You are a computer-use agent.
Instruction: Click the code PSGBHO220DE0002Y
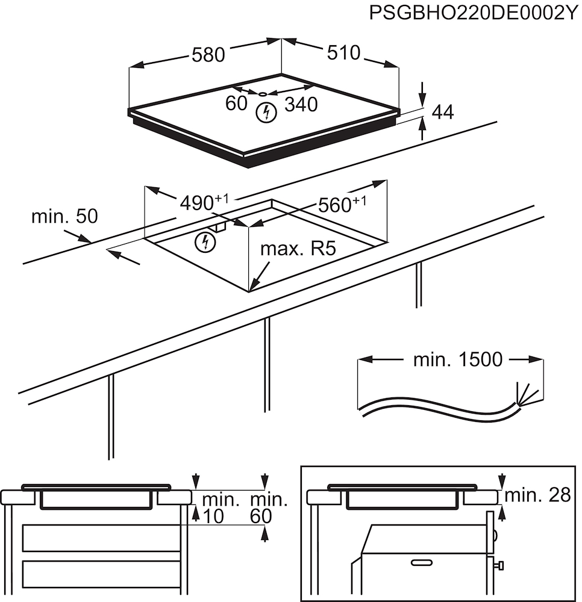tap(474, 14)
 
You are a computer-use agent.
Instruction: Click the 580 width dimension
tap(208, 55)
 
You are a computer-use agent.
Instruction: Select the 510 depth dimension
tap(343, 53)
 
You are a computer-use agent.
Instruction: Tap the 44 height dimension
tap(443, 112)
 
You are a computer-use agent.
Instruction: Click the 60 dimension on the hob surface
tap(237, 104)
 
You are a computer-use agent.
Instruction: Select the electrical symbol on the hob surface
tap(264, 111)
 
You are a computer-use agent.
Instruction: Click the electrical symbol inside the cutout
tap(206, 242)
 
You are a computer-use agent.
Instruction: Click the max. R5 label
tap(297, 249)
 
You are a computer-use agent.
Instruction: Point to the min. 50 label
tap(64, 217)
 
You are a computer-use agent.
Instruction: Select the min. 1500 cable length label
tap(457, 360)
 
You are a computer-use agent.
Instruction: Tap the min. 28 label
tap(537, 495)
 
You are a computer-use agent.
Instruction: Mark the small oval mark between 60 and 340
tap(263, 94)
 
